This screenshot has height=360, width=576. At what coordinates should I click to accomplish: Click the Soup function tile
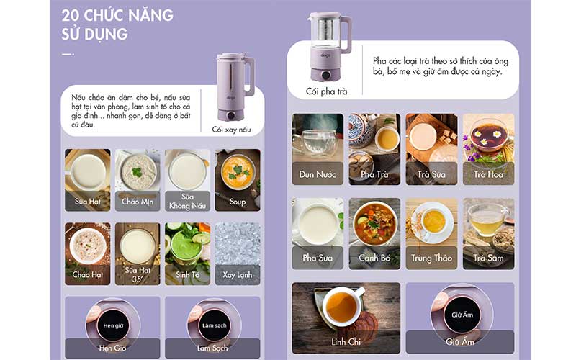click(x=237, y=179)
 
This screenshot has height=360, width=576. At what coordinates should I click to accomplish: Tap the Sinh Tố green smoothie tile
click(x=187, y=253)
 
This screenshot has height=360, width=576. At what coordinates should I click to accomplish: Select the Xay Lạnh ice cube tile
click(x=237, y=253)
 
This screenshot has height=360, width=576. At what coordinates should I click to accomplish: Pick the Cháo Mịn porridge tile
click(x=137, y=179)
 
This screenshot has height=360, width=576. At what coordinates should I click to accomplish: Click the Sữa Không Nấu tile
click(x=187, y=179)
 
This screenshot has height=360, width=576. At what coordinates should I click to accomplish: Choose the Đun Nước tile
click(x=318, y=150)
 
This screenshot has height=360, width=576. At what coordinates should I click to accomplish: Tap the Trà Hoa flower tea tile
click(x=488, y=150)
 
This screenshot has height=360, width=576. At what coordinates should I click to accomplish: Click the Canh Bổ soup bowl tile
click(x=374, y=233)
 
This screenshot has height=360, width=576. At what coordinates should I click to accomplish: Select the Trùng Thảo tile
click(x=431, y=233)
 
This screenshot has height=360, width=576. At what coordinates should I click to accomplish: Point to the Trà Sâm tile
click(x=488, y=233)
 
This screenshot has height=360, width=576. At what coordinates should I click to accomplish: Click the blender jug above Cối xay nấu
click(x=235, y=86)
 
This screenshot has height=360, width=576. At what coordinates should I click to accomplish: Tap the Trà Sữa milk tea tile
click(x=431, y=150)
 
